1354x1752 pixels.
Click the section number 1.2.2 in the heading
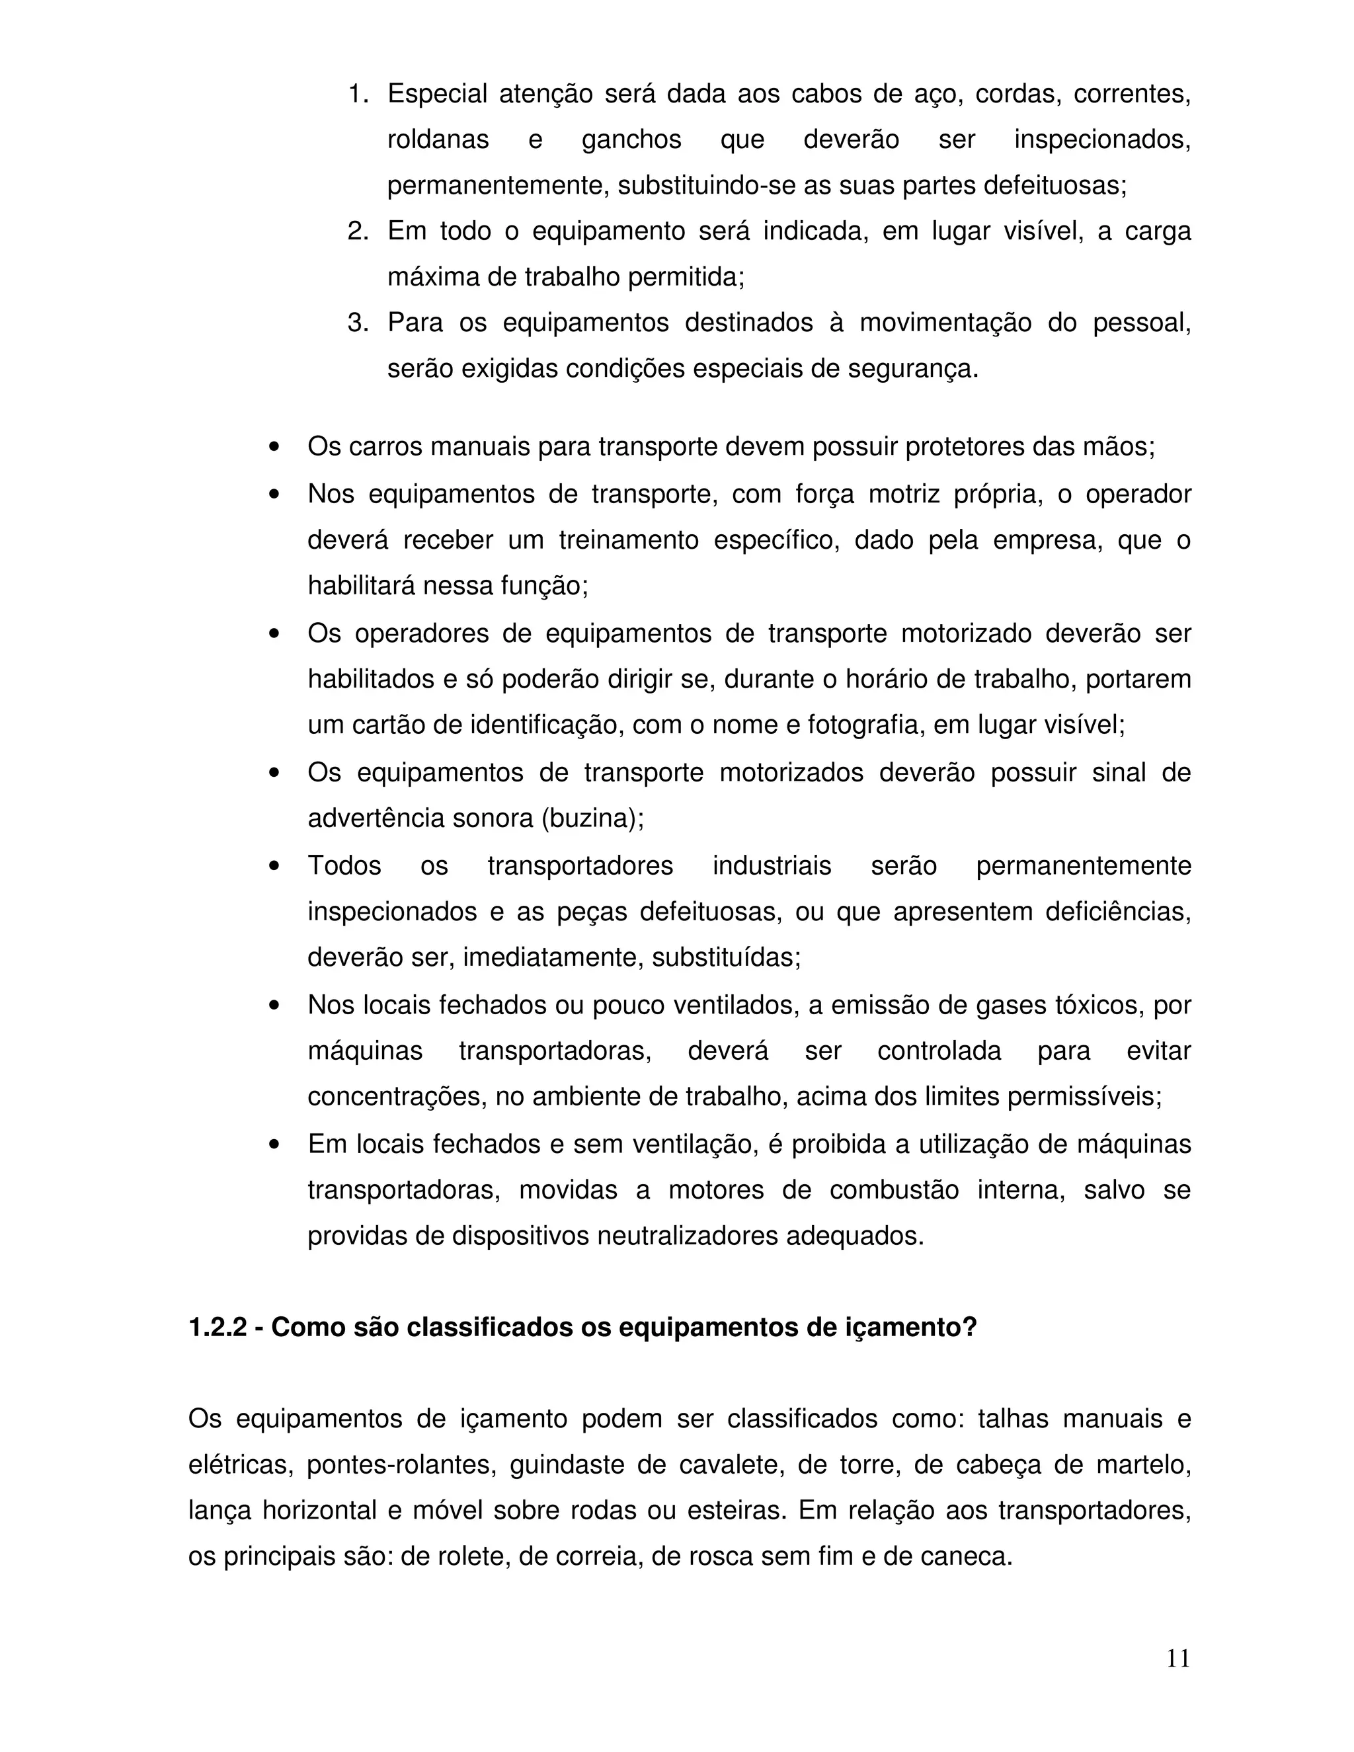[218, 1328]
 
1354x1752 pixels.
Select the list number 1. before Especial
[358, 94]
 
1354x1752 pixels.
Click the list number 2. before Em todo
[358, 231]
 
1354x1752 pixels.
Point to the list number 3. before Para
[358, 323]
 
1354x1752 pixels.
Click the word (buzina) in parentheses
[592, 818]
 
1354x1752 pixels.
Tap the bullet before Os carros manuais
[275, 447]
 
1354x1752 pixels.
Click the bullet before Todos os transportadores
[275, 866]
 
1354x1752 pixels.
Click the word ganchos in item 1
[631, 139]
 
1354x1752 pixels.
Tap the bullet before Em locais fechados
[275, 1144]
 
